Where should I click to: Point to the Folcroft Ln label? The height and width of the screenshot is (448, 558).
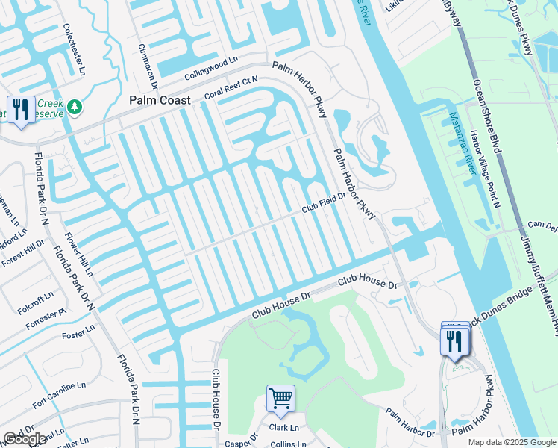click(x=37, y=296)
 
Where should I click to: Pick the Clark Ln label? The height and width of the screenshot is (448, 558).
click(x=283, y=428)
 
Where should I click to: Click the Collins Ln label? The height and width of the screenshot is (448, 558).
click(x=283, y=444)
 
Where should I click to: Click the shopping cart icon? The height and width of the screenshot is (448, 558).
click(x=280, y=397)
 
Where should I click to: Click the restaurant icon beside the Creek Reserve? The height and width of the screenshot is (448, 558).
click(x=20, y=109)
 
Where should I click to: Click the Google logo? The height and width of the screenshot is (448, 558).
click(x=25, y=439)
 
